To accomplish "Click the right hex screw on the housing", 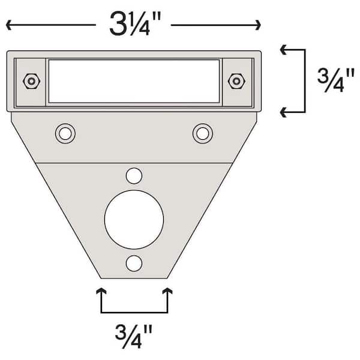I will (x=237, y=80).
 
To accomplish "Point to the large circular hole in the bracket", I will (x=134, y=219).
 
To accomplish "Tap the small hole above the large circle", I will (x=134, y=175).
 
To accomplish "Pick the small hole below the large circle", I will (x=134, y=263).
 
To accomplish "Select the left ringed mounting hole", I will (x=65, y=133).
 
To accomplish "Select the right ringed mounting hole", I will (x=203, y=133).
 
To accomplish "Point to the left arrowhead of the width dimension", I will (x=8, y=25).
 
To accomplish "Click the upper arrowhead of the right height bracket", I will (x=284, y=51).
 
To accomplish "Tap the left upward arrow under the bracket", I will (x=101, y=292).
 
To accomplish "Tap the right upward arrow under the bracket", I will (x=167, y=292).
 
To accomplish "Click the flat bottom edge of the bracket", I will (x=134, y=278).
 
